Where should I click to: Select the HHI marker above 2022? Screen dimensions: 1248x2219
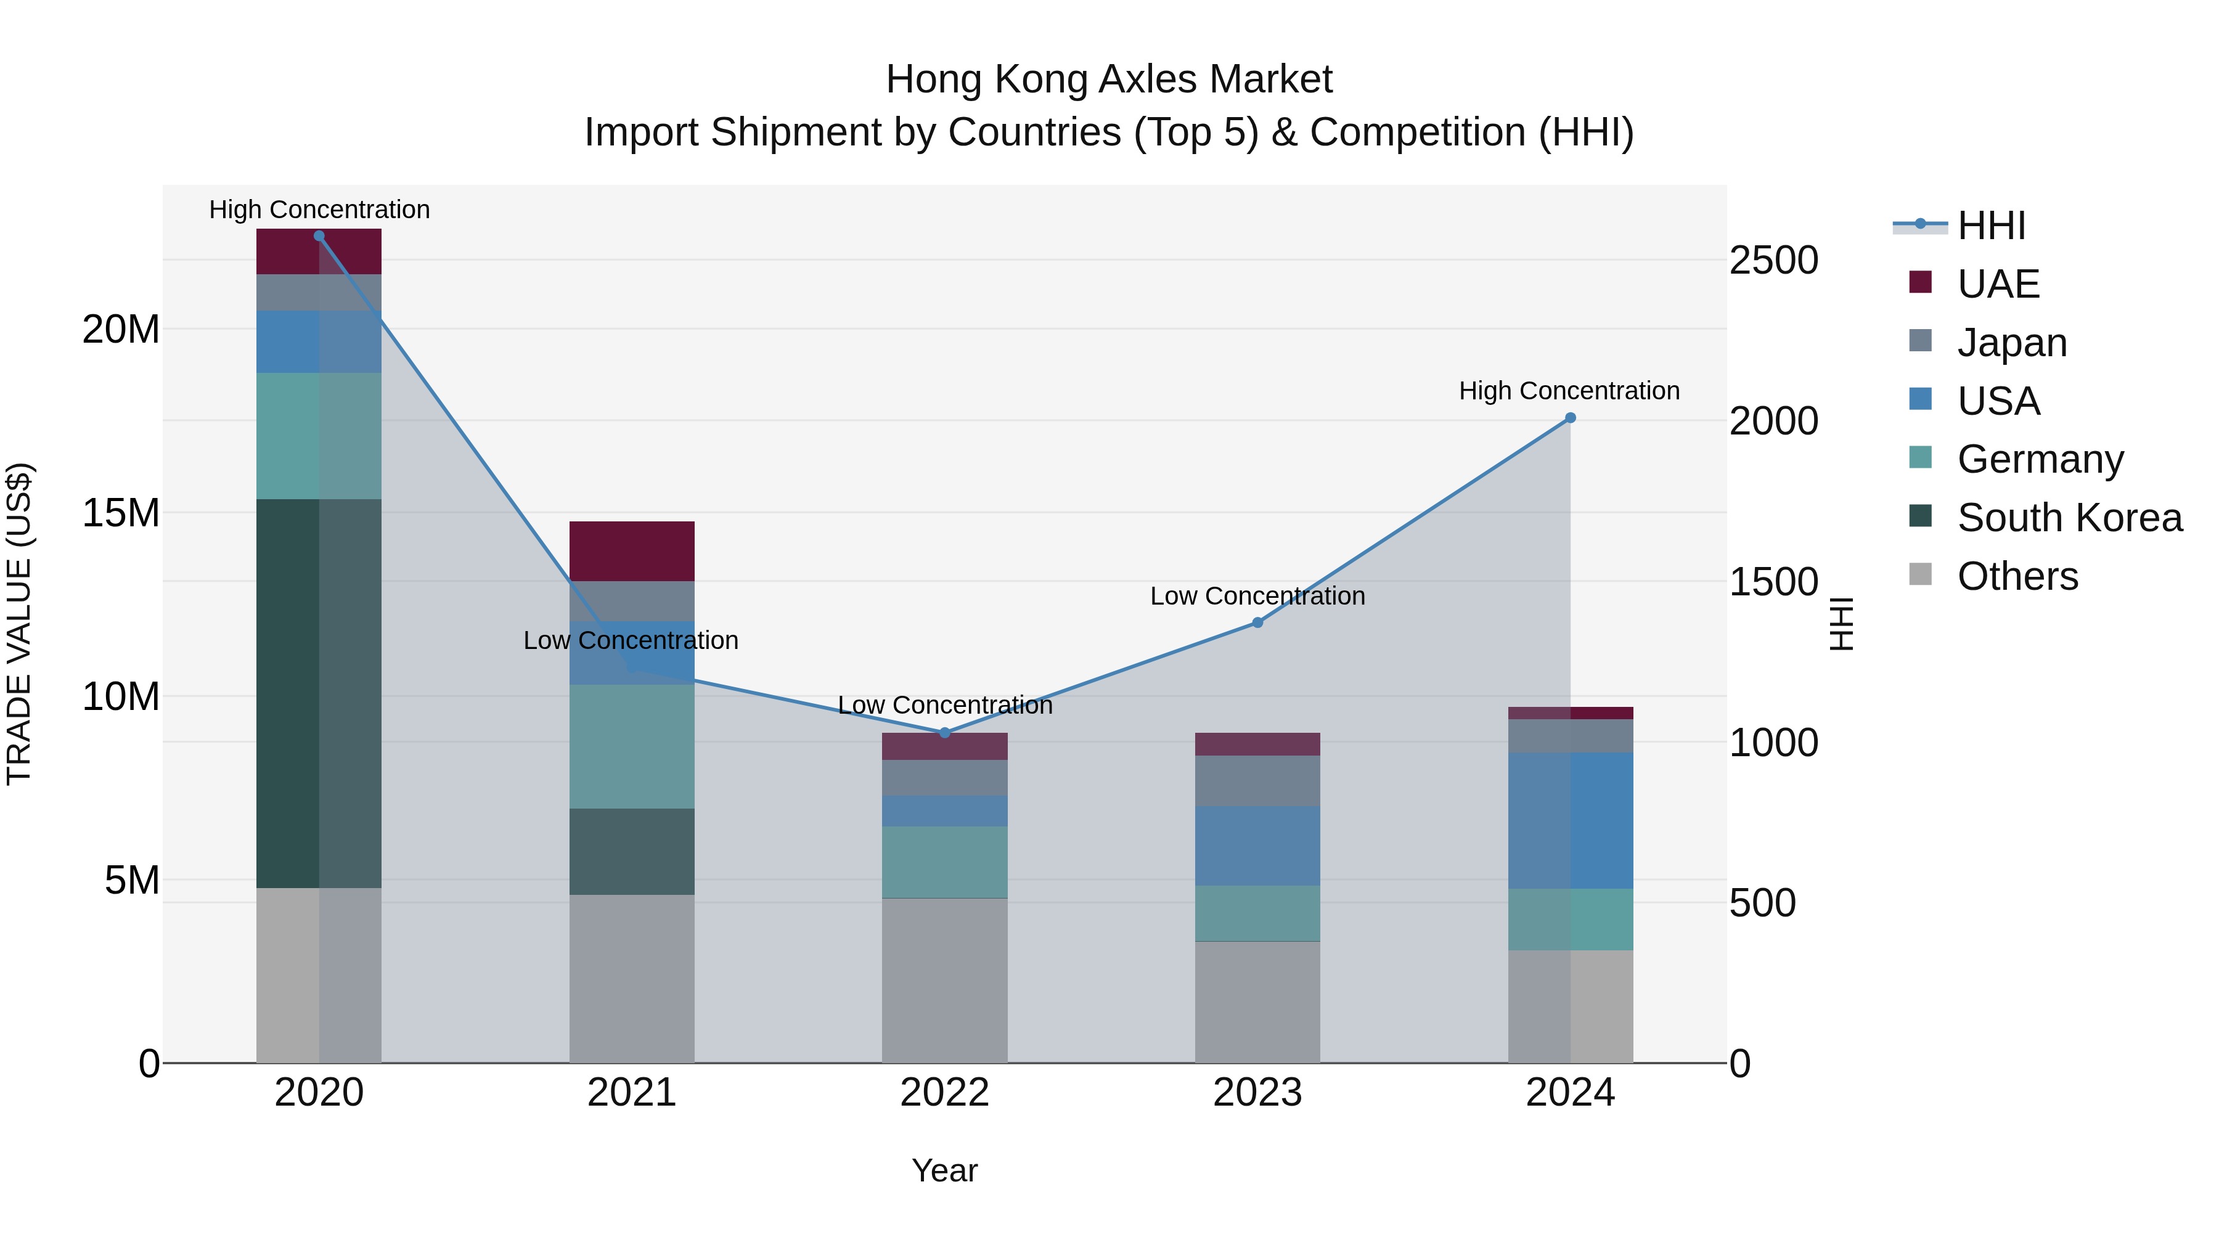click(944, 733)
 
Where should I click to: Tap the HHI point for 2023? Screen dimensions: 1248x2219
click(1257, 622)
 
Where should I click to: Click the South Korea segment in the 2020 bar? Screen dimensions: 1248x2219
click(319, 693)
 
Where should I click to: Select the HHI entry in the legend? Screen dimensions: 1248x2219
click(1991, 226)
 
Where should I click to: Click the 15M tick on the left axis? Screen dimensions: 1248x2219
click(121, 513)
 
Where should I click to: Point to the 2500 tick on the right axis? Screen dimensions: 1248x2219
click(1773, 260)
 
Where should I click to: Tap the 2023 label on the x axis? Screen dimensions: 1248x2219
click(1257, 1093)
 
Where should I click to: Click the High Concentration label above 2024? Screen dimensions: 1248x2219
click(1569, 391)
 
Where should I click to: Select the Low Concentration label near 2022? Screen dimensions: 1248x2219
click(944, 706)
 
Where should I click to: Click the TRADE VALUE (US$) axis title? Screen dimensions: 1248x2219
click(19, 624)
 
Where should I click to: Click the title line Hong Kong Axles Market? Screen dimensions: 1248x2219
click(1109, 80)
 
